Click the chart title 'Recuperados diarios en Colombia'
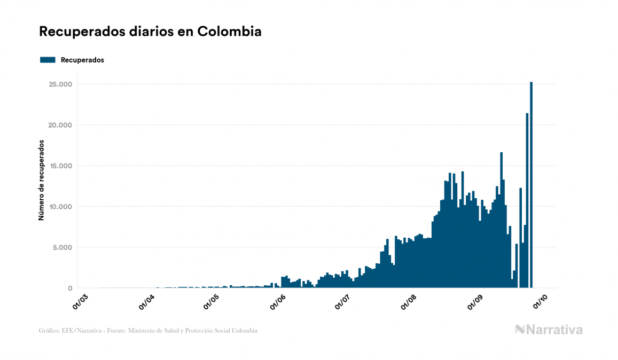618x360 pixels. click(150, 32)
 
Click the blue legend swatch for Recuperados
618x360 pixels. click(48, 60)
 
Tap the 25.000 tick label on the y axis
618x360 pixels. click(60, 84)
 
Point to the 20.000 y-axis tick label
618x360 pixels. click(60, 125)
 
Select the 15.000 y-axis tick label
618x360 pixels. click(60, 166)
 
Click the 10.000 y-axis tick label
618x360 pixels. click(60, 207)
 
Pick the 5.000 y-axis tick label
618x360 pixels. click(62, 247)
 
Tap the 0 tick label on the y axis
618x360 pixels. click(69, 288)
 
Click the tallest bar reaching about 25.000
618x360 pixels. click(531, 187)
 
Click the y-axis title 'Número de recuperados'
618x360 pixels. click(41, 180)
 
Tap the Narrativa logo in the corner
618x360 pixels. click(549, 330)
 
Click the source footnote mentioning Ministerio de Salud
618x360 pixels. click(148, 331)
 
